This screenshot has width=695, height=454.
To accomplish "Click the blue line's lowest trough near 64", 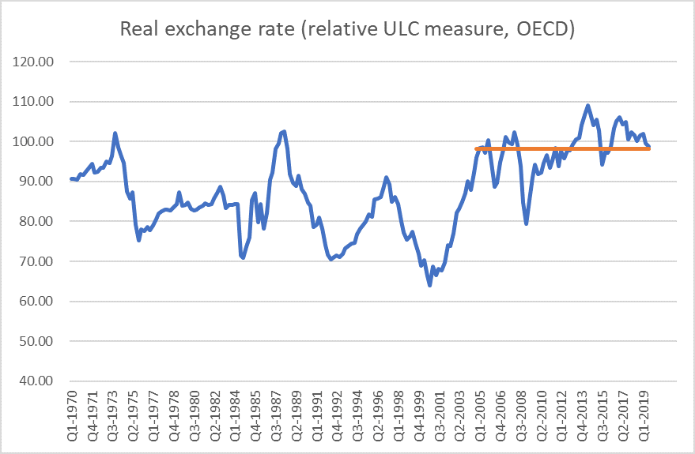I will (429, 285).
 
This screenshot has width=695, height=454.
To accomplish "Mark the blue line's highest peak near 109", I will (587, 106).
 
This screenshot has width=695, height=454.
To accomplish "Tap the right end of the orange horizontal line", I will (648, 148).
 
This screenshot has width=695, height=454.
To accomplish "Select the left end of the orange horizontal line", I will (477, 148).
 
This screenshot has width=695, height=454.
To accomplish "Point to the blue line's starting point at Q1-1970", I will (71, 179).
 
